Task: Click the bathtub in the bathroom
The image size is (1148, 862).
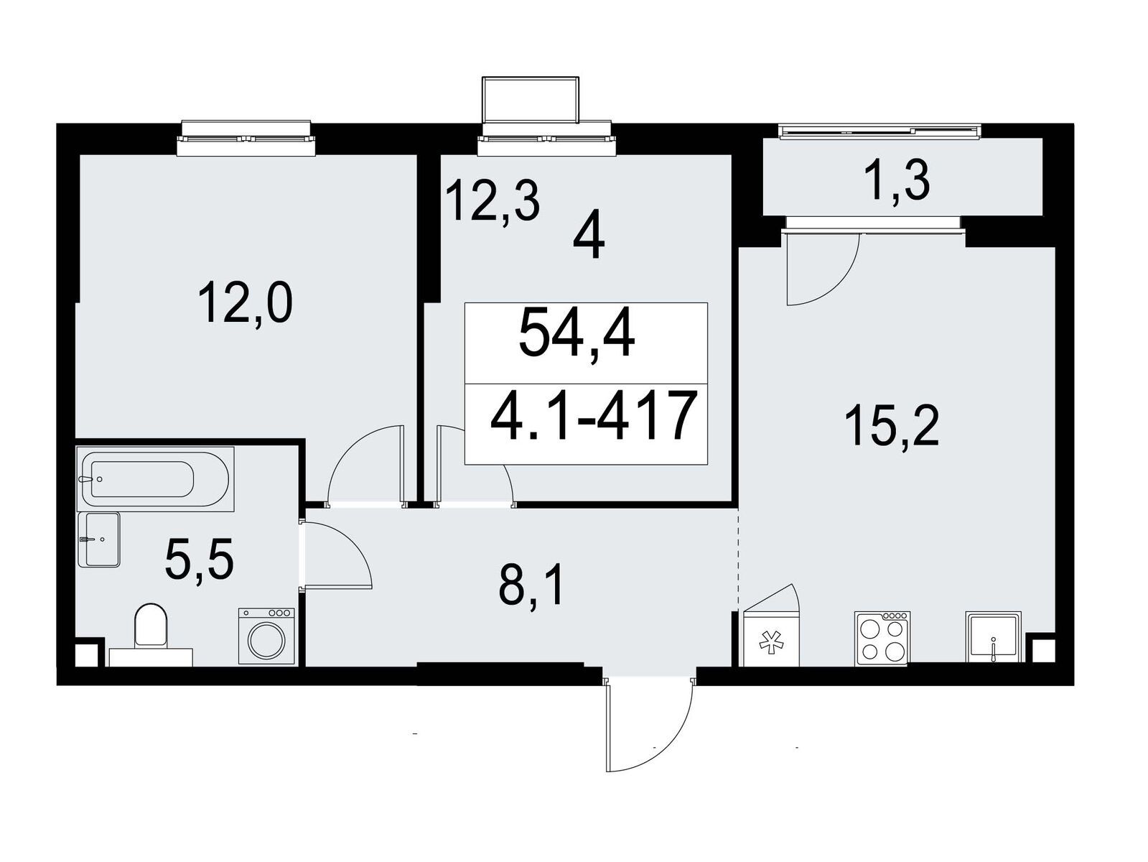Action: coord(155,478)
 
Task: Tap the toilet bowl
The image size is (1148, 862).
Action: coord(151,634)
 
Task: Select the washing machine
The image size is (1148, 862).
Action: coord(267,636)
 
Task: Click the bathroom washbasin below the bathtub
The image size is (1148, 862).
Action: coord(99,539)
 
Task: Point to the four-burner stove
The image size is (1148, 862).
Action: coord(882,639)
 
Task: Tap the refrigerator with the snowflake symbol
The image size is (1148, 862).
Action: coord(770,639)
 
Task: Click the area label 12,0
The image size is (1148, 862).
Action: coord(245,302)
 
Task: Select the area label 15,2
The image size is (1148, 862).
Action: coord(891,427)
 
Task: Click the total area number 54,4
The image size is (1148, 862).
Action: coord(577,333)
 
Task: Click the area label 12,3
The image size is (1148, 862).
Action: coord(492,200)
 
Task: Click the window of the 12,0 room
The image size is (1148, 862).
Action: coord(246,139)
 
